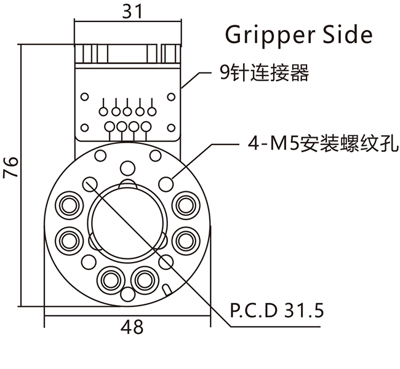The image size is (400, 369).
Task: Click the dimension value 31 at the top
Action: point(129,10)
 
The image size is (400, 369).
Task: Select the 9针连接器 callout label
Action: point(264,74)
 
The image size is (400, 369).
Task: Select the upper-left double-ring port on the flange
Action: point(68,204)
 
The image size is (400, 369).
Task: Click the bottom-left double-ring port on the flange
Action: point(110,280)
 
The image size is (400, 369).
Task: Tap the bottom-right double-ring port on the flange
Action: point(145,280)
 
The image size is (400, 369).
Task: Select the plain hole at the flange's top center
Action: point(127,167)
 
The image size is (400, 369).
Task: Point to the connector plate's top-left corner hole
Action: point(85,97)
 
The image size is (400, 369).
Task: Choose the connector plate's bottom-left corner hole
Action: point(85,126)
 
